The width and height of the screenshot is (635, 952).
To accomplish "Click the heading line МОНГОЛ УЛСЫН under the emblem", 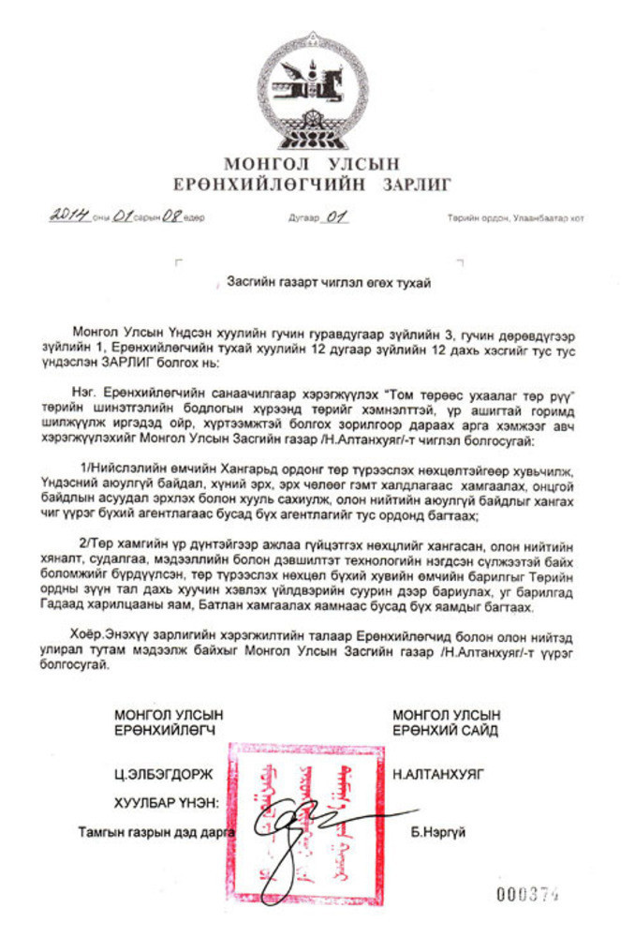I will (312, 164).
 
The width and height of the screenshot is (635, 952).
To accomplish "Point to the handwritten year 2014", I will (69, 216).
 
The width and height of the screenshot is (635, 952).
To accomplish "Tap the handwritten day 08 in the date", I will (171, 216).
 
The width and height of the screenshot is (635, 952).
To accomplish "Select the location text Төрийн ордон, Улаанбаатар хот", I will (515, 218).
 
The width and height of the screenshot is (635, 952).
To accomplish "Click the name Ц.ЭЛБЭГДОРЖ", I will (157, 775).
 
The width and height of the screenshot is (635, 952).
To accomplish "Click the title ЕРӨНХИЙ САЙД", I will (445, 730).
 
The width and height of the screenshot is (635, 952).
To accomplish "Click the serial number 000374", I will (527, 894).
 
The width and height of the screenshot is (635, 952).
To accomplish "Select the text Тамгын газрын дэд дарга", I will (156, 831).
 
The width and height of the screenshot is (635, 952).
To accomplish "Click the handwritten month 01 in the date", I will (122, 216).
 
